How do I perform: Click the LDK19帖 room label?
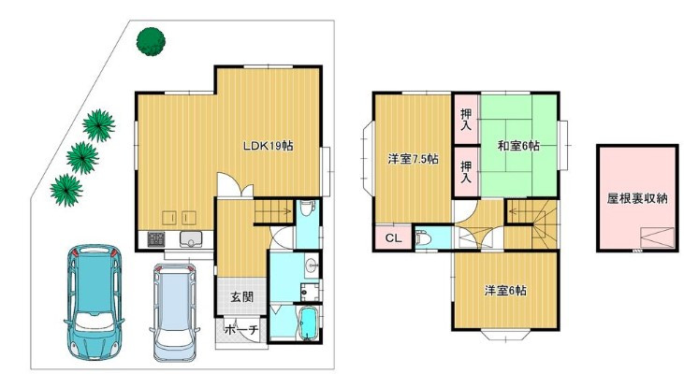269,146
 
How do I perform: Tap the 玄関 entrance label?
241,298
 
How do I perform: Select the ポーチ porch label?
241,331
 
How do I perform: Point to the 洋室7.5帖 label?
413,159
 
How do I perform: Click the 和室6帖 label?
516,146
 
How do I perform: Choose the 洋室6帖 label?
505,291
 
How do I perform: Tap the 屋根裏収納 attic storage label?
636,198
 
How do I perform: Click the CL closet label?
394,238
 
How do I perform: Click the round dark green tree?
151,42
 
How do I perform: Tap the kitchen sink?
192,239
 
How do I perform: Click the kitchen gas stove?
154,239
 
